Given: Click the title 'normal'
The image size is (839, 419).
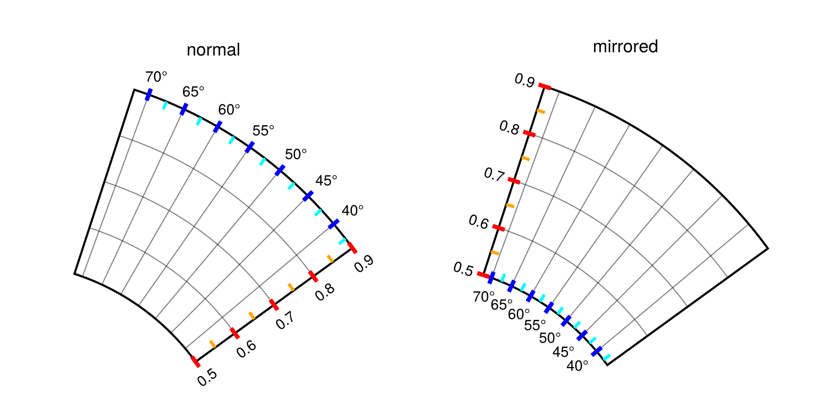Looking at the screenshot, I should point(213,50).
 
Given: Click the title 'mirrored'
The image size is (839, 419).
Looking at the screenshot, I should point(625,47).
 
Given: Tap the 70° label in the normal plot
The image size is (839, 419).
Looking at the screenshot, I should point(156,77).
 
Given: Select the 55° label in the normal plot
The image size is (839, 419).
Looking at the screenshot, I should point(263,130).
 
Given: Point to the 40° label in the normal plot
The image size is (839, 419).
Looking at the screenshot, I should point(352,211).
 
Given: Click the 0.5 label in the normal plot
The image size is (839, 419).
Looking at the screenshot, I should point(208,377).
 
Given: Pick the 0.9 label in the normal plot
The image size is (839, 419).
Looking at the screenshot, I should point(364,263).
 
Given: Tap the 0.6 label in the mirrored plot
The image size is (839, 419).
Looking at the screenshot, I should point(478,223).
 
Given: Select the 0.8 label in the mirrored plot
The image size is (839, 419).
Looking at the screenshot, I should point(509,127).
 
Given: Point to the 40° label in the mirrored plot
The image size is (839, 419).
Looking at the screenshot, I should point(577,366).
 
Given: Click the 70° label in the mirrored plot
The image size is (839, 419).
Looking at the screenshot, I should point(483,297).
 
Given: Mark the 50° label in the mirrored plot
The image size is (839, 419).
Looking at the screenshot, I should point(550,338).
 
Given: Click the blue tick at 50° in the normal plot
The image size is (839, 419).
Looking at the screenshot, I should point(280,170).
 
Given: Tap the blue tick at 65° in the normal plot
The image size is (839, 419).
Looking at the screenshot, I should point(184,109).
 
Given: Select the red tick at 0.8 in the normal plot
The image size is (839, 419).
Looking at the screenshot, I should point(313,276).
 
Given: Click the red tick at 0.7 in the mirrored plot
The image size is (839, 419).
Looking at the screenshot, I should point(514,181).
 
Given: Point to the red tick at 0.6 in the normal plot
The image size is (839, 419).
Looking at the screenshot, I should point(234,334).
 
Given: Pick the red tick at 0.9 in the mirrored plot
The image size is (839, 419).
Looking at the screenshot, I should point(545,86).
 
